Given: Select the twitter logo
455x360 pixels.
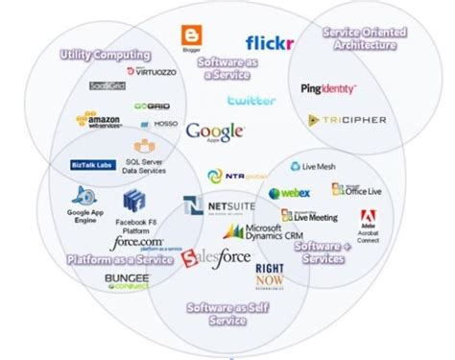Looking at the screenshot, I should click(x=251, y=100).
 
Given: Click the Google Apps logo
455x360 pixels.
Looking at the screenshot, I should click(x=215, y=132).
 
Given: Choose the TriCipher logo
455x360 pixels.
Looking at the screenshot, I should click(x=333, y=120).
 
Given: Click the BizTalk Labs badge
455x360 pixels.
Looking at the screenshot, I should click(x=93, y=165).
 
